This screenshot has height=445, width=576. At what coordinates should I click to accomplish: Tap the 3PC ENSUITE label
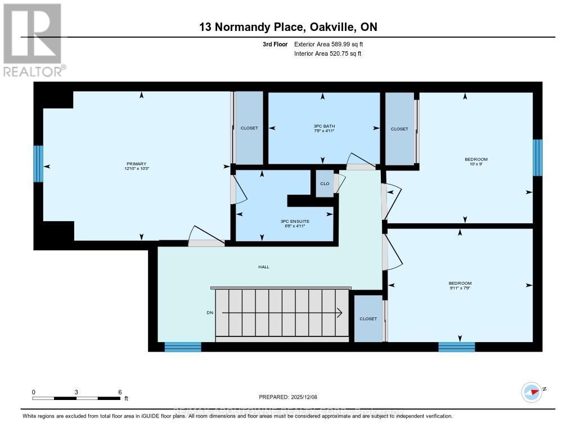295,221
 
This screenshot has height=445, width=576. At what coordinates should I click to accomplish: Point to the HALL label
263,267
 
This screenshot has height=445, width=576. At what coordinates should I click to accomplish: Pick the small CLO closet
325,183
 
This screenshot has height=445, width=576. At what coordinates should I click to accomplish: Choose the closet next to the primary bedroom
249,128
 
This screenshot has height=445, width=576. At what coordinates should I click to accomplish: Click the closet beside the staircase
368,318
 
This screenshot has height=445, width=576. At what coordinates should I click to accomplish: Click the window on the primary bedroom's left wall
38,164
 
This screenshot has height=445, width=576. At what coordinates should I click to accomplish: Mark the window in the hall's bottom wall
183,347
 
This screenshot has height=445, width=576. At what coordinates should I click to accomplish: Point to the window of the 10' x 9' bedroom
537,158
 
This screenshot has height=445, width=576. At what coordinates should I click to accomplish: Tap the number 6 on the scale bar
120,392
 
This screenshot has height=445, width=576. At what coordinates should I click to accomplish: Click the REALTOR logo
34,39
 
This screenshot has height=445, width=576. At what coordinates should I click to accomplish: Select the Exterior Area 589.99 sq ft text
332,44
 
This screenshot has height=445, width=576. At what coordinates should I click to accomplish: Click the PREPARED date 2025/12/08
288,397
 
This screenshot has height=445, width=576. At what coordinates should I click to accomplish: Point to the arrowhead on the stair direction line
340,313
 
